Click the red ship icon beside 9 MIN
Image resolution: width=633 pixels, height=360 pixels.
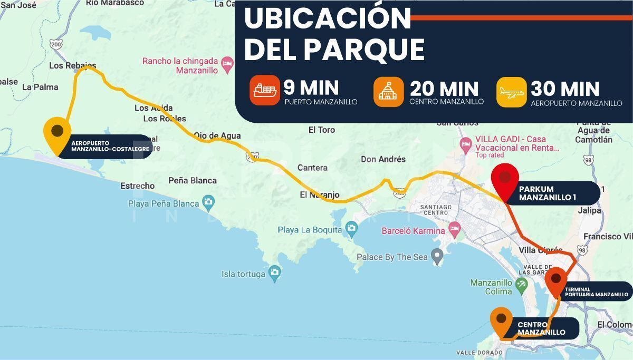pos(265,91)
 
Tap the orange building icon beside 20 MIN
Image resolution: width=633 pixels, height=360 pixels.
pos(389,92)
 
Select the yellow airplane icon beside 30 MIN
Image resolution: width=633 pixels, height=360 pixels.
pos(512,92)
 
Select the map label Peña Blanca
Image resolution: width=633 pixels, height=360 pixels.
pos(193,180)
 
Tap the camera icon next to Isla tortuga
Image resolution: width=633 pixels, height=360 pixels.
pos(274,273)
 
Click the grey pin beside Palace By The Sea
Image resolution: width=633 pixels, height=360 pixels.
pos(437,257)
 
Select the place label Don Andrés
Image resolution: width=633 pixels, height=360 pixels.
pos(383,159)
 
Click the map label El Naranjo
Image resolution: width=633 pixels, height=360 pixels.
pos(320,194)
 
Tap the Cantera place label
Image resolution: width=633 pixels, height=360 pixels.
pos(312,168)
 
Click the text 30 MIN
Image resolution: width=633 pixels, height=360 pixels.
pos(565,89)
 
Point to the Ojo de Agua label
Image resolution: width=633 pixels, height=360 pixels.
pos(217,135)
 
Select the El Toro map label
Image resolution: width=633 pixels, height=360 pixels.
pos(322,130)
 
